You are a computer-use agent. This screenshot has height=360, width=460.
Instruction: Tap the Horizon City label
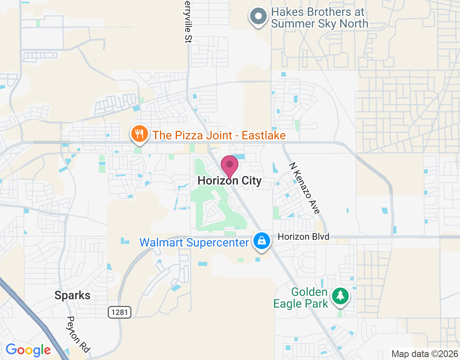[x=230, y=181]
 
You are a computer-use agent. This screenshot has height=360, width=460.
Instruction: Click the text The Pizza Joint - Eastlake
[x=219, y=135]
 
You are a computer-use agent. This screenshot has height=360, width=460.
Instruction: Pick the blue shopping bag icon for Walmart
[x=261, y=242]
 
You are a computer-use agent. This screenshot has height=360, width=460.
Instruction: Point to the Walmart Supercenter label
[x=194, y=242]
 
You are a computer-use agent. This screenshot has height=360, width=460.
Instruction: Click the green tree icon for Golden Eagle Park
[x=341, y=296]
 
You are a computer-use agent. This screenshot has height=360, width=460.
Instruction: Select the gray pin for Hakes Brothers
[x=258, y=17]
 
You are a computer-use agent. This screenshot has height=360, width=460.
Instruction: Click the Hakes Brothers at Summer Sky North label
[x=319, y=18]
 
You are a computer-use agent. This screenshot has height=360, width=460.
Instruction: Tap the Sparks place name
[x=72, y=296]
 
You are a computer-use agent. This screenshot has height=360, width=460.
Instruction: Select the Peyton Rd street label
[x=78, y=334]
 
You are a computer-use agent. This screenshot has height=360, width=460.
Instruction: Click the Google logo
[x=28, y=350]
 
